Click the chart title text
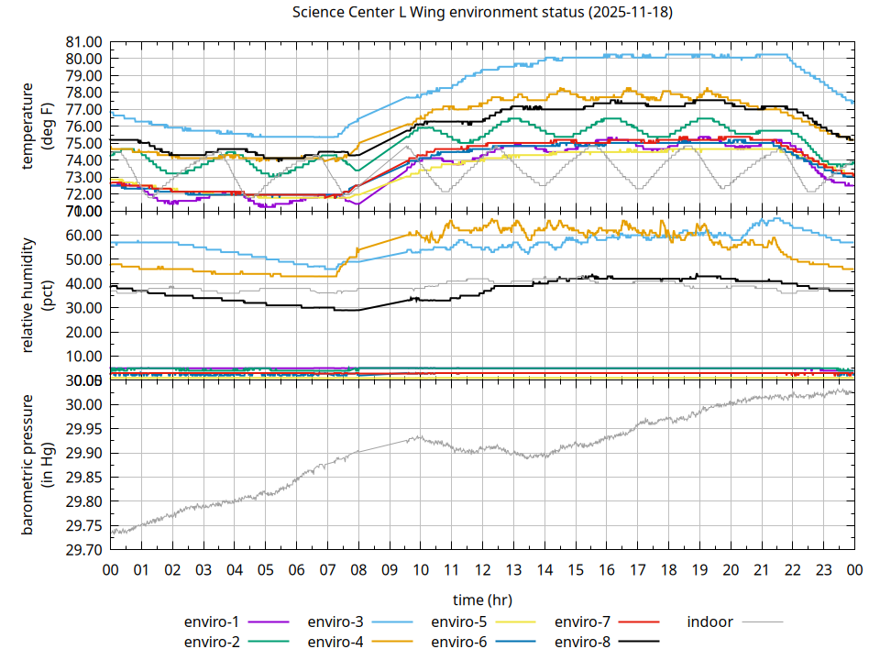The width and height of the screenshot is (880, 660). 481,13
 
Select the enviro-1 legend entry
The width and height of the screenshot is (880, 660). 212,621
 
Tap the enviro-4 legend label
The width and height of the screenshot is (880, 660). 335,642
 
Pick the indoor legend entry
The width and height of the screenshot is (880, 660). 710,621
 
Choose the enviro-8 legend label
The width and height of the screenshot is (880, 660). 583,642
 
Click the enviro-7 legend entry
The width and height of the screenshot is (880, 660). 583,621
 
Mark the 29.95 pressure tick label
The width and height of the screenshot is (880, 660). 83,429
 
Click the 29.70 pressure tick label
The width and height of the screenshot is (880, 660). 83,550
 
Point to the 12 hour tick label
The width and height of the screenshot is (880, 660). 482,570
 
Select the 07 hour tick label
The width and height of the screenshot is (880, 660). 327,570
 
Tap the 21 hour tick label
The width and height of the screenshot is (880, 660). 762,570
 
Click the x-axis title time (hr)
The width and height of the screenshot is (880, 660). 481,599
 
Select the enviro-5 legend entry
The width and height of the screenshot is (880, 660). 459,621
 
